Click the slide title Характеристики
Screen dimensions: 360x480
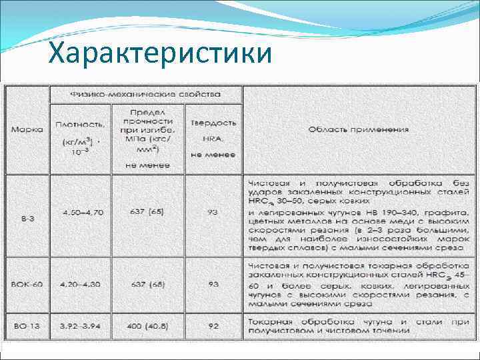pyautogui.click(x=161, y=52)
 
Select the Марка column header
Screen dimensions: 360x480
pyautogui.click(x=27, y=129)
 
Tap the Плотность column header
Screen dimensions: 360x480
pyautogui.click(x=80, y=133)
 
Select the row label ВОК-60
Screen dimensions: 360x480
pyautogui.click(x=27, y=284)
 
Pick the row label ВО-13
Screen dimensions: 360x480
pyautogui.click(x=27, y=325)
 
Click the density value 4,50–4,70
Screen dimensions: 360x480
pyautogui.click(x=80, y=213)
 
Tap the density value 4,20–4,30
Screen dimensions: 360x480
pyautogui.click(x=80, y=284)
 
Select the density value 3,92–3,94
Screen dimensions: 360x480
pyautogui.click(x=80, y=325)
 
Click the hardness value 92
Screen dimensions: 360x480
pyautogui.click(x=213, y=325)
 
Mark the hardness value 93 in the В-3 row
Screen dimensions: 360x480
pyautogui.click(x=213, y=213)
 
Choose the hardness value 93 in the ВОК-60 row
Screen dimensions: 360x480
pyautogui.click(x=213, y=284)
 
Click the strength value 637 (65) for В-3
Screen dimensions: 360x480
pyautogui.click(x=148, y=213)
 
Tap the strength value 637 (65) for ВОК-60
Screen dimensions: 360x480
pyautogui.click(x=148, y=284)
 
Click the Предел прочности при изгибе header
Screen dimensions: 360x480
pyautogui.click(x=148, y=133)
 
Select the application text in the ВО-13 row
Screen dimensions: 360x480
pyautogui.click(x=358, y=325)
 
